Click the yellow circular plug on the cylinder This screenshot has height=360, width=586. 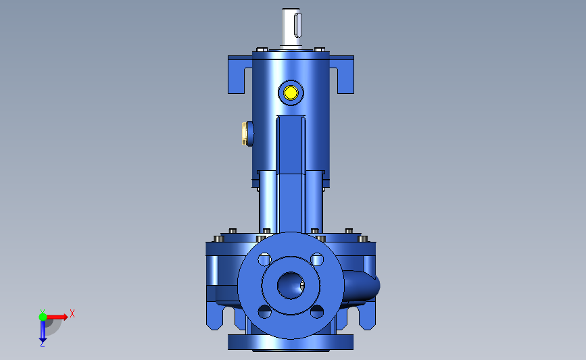[291, 93]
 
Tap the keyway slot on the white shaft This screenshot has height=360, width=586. [297, 25]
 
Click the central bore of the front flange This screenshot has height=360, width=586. [291, 285]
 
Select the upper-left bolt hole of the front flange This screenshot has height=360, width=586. [264, 259]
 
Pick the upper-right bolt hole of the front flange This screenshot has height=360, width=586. [317, 259]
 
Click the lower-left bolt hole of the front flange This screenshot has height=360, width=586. [264, 311]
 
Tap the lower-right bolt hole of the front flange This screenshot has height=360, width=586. [317, 311]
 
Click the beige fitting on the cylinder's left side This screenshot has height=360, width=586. [245, 134]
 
